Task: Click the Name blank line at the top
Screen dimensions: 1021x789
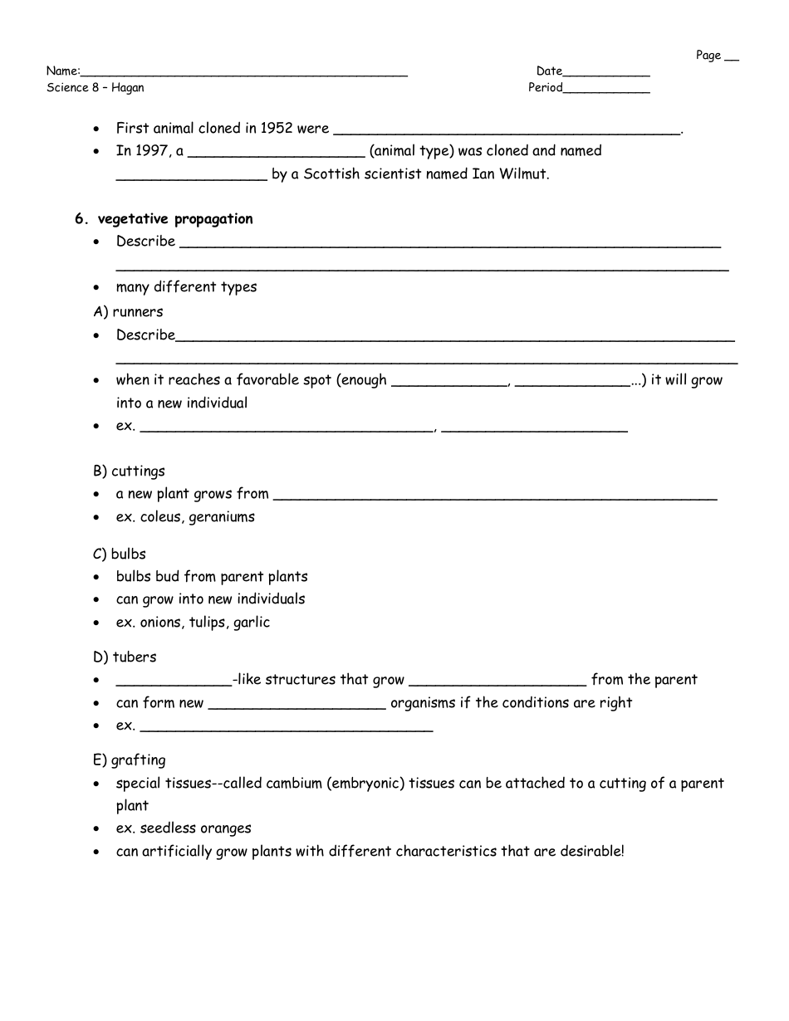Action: coord(243,73)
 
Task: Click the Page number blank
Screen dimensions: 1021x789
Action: coord(731,58)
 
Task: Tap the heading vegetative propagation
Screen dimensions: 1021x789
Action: coord(175,219)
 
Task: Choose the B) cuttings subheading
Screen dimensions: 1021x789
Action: coord(129,471)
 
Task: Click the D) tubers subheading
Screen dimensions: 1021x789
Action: coord(125,657)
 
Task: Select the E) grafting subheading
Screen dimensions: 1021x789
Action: coord(129,760)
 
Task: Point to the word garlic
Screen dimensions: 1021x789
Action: coord(252,623)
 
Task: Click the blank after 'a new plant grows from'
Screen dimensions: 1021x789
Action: coord(494,496)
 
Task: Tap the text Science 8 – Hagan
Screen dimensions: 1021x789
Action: coord(95,88)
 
